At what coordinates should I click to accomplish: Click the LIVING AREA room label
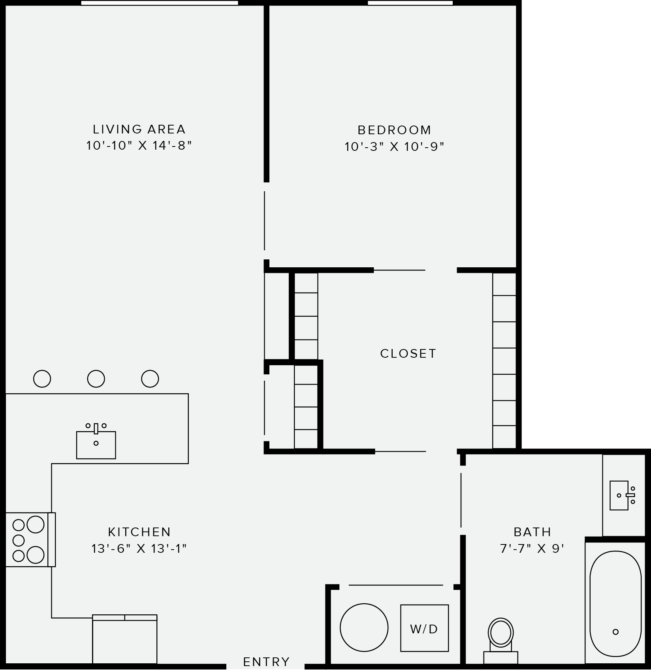tap(139, 129)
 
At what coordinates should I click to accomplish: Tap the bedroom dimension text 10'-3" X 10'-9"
tap(394, 147)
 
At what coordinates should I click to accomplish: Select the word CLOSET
tap(408, 353)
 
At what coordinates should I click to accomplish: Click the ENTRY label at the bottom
tap(266, 662)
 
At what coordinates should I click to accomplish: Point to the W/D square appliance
tap(424, 628)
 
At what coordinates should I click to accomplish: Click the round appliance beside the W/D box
tap(364, 628)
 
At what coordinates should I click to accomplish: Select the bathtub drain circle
tap(615, 632)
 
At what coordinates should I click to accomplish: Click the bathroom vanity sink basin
tap(618, 496)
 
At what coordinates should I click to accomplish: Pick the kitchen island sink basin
tap(96, 445)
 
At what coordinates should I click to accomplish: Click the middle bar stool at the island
tap(96, 379)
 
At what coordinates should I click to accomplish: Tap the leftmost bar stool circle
tap(42, 379)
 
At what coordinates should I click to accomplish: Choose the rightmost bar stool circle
tap(150, 379)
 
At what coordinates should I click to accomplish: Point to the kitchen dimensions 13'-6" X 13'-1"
tap(139, 549)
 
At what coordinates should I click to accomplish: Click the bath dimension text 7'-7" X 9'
tap(532, 549)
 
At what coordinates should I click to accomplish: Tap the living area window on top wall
tap(160, 3)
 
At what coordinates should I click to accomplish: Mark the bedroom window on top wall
tap(410, 3)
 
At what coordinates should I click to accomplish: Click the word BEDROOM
tap(394, 130)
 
